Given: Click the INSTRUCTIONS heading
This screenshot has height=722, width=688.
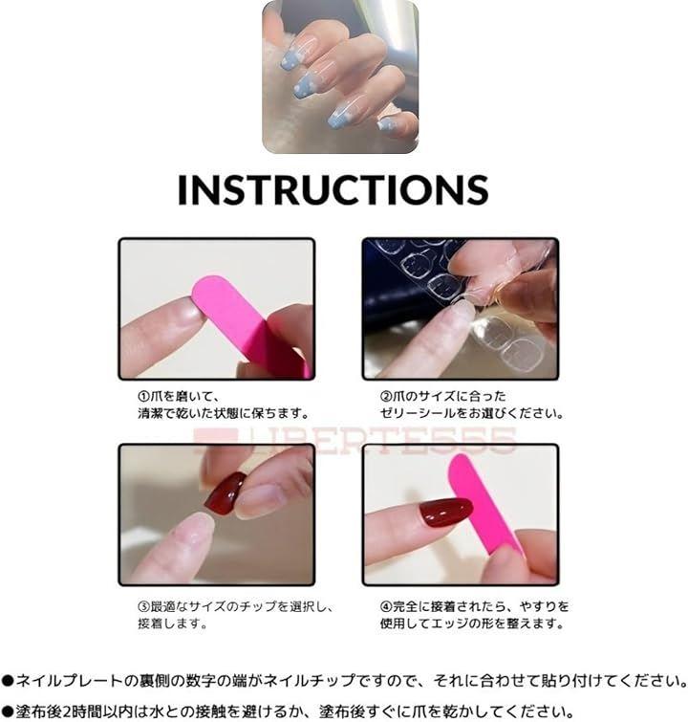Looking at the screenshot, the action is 333,189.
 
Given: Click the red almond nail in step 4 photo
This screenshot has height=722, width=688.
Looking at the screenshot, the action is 445,512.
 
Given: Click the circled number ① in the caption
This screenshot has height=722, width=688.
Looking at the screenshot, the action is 143,396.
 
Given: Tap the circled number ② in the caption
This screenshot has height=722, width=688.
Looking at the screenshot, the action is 386,396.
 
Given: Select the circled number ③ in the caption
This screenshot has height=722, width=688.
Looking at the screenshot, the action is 143,606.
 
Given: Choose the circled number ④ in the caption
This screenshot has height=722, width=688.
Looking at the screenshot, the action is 386,606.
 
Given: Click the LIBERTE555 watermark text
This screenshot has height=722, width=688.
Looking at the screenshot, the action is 355,441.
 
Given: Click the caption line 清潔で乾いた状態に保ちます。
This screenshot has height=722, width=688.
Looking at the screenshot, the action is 224,413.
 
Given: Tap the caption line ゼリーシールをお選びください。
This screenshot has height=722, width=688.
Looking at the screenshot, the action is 472,413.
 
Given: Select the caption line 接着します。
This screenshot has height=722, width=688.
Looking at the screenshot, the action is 173,624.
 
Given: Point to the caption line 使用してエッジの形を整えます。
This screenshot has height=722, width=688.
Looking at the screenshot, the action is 472,624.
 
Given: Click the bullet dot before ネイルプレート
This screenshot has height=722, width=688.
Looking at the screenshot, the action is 8,681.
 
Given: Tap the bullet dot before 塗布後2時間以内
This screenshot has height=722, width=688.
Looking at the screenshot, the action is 8,711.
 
